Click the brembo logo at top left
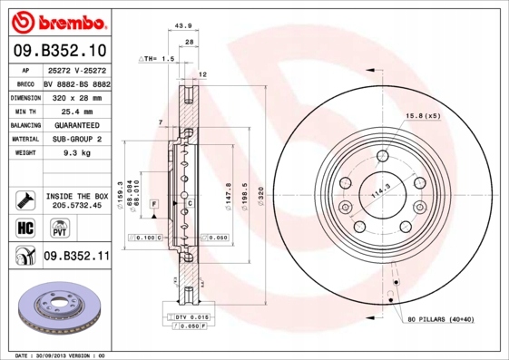tap(58, 20)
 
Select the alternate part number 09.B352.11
tap(76, 257)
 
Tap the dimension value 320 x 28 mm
tap(76, 96)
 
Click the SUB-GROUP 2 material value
tap(76, 139)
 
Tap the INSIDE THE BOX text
tap(77, 196)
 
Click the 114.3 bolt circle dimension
tap(379, 191)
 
